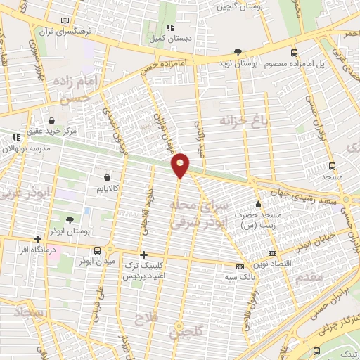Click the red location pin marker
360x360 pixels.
[181, 165]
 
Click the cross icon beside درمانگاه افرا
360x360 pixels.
[37, 240]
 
